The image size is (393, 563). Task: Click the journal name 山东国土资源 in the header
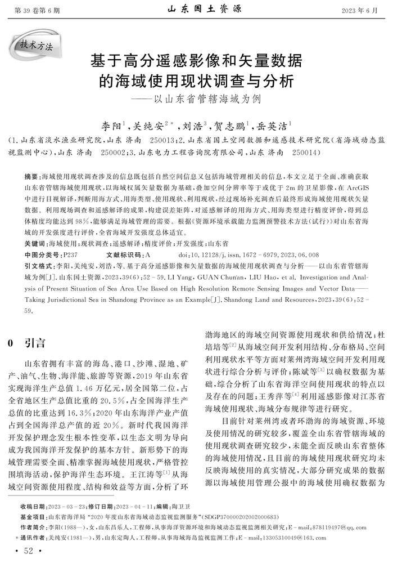point(197,9)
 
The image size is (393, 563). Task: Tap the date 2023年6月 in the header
point(360,10)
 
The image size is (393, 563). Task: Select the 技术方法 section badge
point(37,46)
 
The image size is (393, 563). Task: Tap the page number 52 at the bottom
point(26,550)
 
